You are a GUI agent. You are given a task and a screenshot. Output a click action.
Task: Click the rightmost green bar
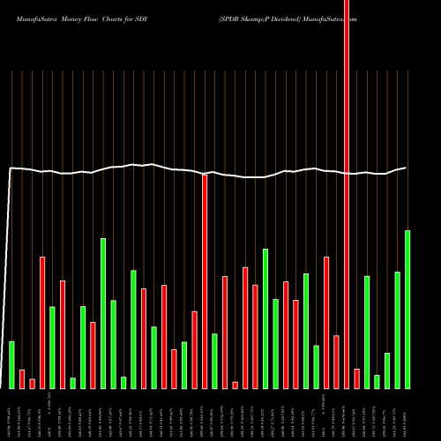[x=407, y=309]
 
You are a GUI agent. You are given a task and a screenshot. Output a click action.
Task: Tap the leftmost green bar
[x=11, y=364]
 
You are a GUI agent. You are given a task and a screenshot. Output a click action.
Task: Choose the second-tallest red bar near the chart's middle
[x=205, y=281]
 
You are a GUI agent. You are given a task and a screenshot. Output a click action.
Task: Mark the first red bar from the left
[x=22, y=378]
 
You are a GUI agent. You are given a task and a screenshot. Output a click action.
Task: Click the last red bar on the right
[x=357, y=378]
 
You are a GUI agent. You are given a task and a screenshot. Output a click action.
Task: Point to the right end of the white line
[x=407, y=168]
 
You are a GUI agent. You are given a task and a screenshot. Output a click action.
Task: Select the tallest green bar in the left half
[x=103, y=313]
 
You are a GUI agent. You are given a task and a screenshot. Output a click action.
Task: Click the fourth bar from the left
[x=42, y=322]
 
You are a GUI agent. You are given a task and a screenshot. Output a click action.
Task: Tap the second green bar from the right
[x=398, y=330]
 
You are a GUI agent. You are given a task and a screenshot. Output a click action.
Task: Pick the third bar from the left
[x=32, y=384]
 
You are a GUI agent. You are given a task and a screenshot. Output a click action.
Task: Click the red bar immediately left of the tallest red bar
[x=337, y=362]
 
